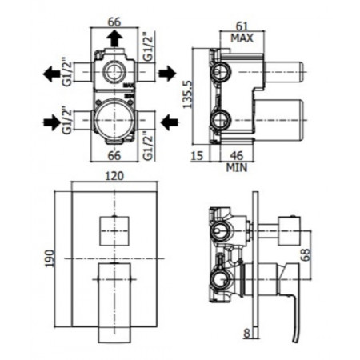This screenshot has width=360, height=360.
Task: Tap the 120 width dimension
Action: click(x=113, y=182)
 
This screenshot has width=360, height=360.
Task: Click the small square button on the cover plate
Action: click(x=111, y=230)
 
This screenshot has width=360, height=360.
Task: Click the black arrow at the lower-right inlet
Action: click(x=168, y=122)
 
